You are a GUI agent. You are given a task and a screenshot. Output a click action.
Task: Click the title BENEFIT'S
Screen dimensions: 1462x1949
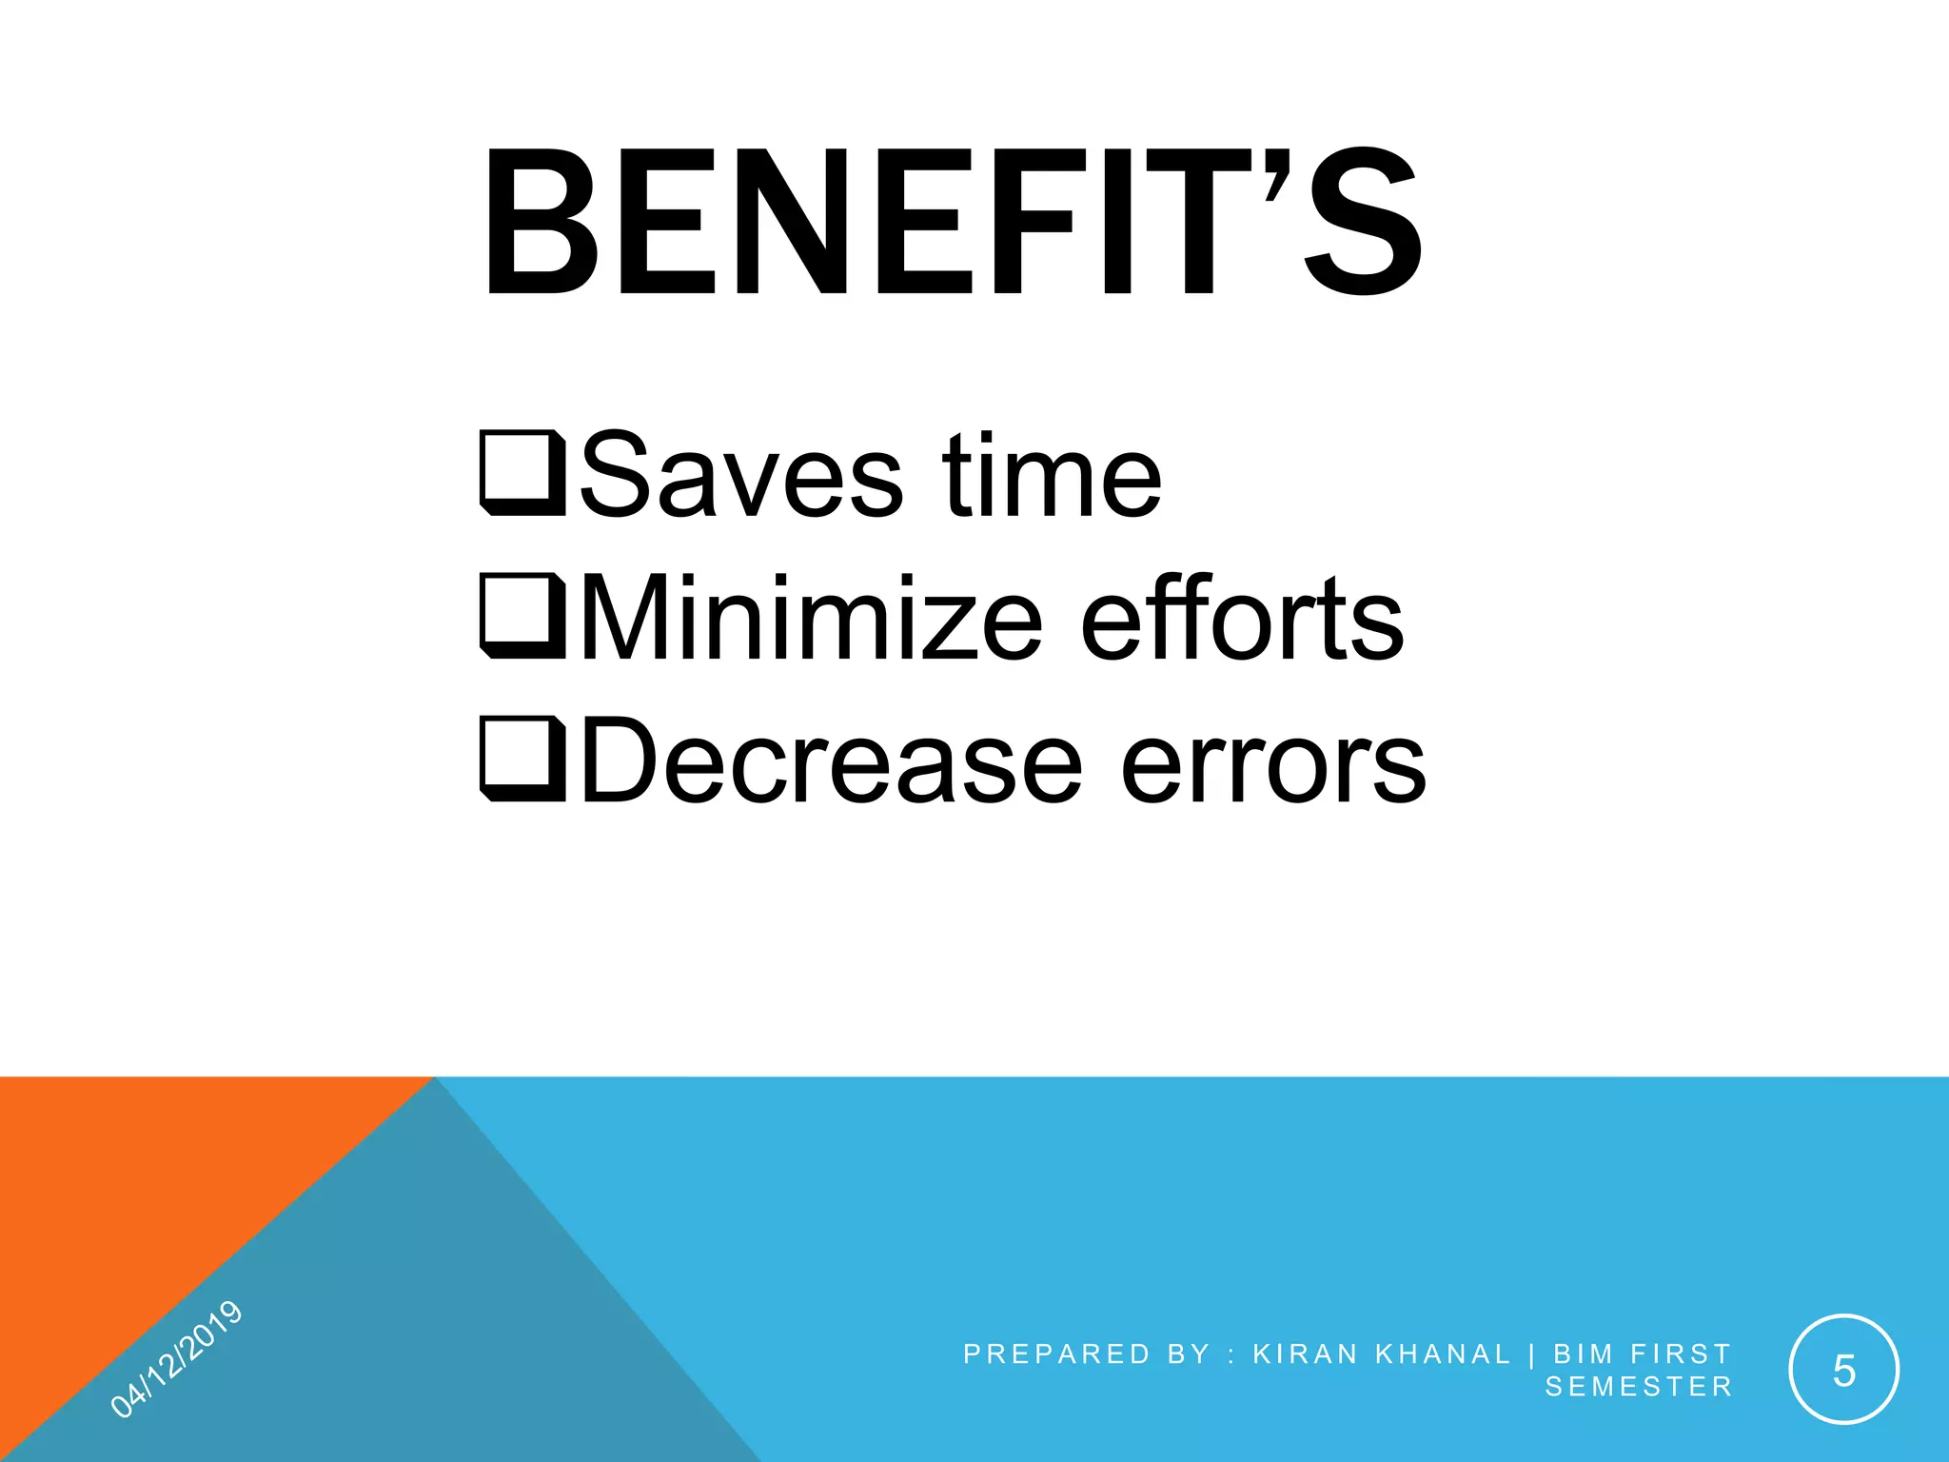point(952,224)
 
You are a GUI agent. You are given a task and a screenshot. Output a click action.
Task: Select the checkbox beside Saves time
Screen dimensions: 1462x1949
point(522,473)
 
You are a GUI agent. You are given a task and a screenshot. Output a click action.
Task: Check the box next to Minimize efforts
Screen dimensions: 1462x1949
point(522,615)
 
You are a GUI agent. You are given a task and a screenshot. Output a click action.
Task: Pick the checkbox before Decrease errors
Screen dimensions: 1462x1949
point(522,758)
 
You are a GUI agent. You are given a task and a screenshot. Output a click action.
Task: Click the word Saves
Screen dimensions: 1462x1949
point(740,475)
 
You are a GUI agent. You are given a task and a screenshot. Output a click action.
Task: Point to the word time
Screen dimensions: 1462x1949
point(1052,475)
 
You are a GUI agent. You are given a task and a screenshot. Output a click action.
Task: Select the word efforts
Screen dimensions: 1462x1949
point(1242,618)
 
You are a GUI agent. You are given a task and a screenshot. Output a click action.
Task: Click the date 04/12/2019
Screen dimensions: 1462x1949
point(176,1358)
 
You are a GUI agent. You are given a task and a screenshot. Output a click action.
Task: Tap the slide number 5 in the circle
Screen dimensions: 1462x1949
point(1843,1371)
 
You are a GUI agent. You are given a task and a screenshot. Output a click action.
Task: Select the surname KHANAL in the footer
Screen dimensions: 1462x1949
point(1443,1353)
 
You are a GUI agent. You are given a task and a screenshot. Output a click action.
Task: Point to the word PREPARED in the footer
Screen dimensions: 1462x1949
point(1056,1353)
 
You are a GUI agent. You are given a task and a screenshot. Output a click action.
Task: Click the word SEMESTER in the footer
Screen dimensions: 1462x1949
point(1638,1387)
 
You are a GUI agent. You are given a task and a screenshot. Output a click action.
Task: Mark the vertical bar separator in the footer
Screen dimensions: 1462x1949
point(1532,1353)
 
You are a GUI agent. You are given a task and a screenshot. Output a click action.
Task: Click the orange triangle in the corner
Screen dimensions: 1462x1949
point(143,1190)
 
